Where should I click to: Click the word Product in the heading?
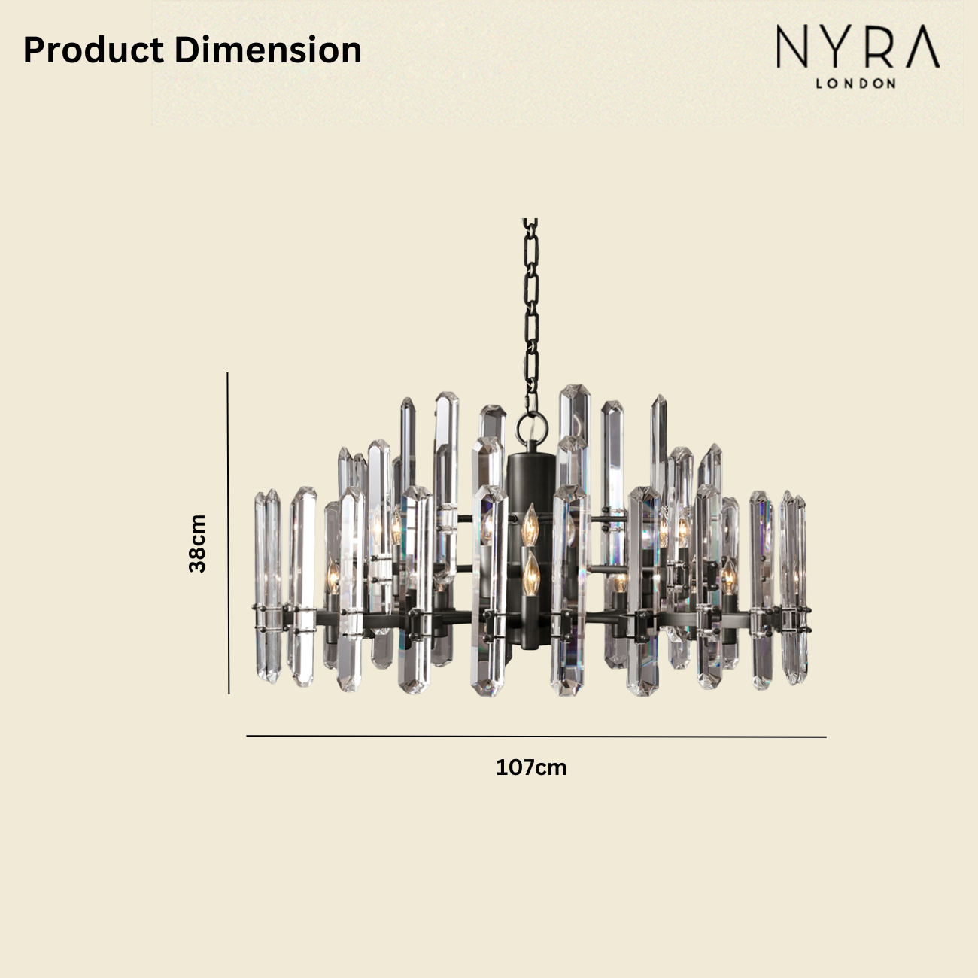pyautogui.click(x=93, y=50)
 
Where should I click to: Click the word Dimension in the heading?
pyautogui.click(x=268, y=50)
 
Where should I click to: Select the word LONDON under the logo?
pyautogui.click(x=855, y=84)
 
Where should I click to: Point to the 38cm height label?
pyautogui.click(x=197, y=543)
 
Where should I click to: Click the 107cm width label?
pyautogui.click(x=531, y=767)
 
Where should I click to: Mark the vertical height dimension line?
pyautogui.click(x=228, y=533)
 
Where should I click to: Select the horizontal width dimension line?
pyautogui.click(x=536, y=736)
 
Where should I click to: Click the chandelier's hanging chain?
pyautogui.click(x=531, y=314)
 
